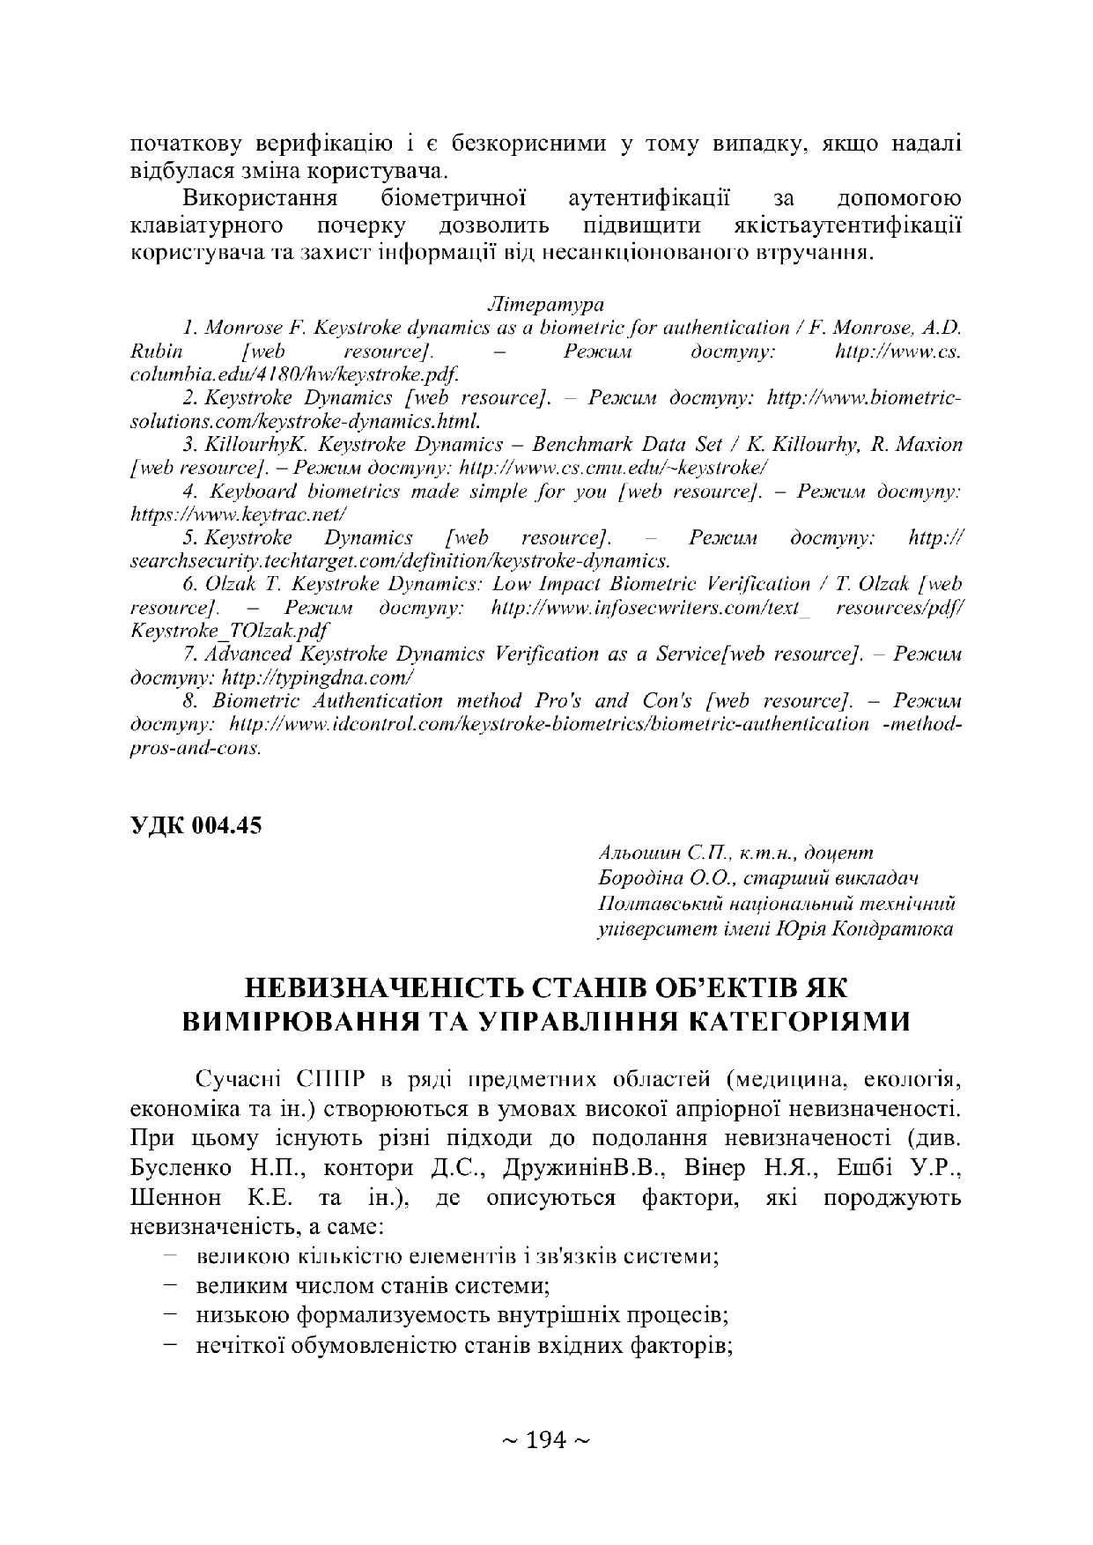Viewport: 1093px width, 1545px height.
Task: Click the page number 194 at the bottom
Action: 545,1441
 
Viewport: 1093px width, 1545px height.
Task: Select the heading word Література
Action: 545,305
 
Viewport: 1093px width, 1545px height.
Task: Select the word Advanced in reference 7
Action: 248,654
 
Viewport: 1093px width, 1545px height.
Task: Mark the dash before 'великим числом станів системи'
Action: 171,1285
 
